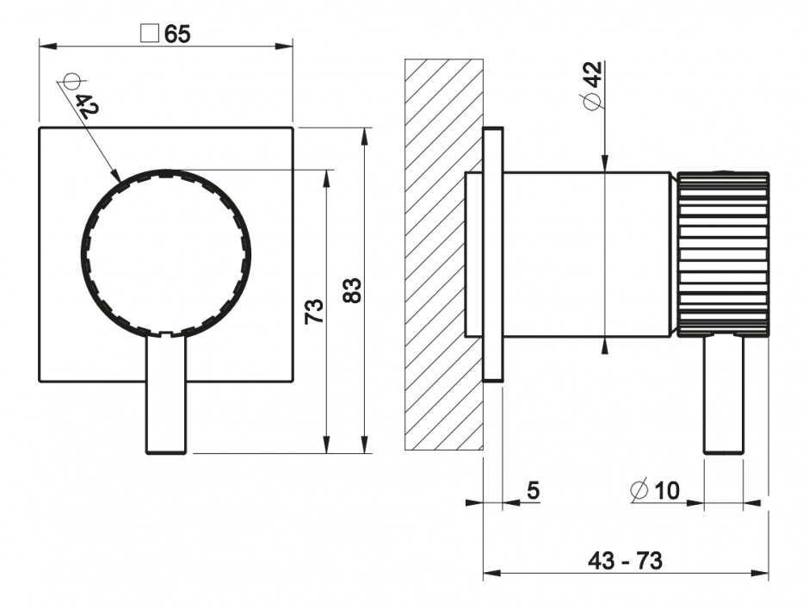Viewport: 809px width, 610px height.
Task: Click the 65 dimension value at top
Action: (x=177, y=34)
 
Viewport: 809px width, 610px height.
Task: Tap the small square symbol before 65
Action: (x=149, y=34)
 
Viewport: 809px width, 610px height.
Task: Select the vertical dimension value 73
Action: (x=314, y=310)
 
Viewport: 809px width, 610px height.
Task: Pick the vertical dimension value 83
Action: (x=352, y=289)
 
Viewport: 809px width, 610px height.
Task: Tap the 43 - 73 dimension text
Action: (x=625, y=561)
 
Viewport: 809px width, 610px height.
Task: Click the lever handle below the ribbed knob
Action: (x=723, y=393)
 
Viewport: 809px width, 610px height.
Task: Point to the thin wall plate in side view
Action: (x=492, y=254)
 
